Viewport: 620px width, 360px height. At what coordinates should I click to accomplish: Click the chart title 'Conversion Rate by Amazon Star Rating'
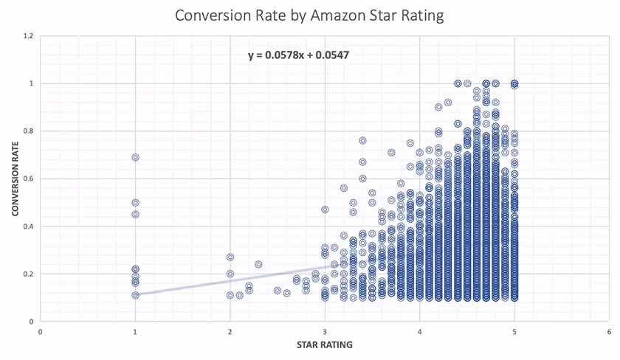(309, 15)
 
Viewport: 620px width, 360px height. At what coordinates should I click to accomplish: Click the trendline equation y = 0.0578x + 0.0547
(299, 55)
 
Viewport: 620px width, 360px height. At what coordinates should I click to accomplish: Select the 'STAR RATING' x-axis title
(325, 344)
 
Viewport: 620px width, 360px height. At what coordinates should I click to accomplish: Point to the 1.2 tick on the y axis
(29, 35)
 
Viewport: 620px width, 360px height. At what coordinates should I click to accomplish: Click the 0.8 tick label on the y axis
(29, 131)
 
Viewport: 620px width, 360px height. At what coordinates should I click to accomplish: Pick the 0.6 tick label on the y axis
(29, 179)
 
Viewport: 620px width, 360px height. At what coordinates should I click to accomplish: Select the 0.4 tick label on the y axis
(29, 226)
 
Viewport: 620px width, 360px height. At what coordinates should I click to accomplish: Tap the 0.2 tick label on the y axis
(29, 274)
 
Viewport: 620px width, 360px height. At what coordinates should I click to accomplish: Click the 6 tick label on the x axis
(610, 331)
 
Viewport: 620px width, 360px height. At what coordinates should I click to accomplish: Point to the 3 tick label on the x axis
(325, 331)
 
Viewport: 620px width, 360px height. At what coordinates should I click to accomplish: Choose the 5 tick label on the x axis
(514, 331)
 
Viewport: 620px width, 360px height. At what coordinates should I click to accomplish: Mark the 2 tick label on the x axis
(230, 331)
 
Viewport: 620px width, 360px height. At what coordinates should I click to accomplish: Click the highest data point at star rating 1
(135, 157)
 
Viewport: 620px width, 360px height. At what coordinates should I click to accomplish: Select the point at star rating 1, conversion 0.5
(135, 202)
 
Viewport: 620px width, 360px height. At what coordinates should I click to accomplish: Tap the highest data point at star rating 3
(325, 210)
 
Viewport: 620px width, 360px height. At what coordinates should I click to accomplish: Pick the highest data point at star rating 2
(230, 257)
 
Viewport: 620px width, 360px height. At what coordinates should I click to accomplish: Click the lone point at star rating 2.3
(258, 264)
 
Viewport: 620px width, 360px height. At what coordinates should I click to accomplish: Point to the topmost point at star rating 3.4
(362, 140)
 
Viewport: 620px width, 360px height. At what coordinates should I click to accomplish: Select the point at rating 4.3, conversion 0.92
(448, 103)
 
